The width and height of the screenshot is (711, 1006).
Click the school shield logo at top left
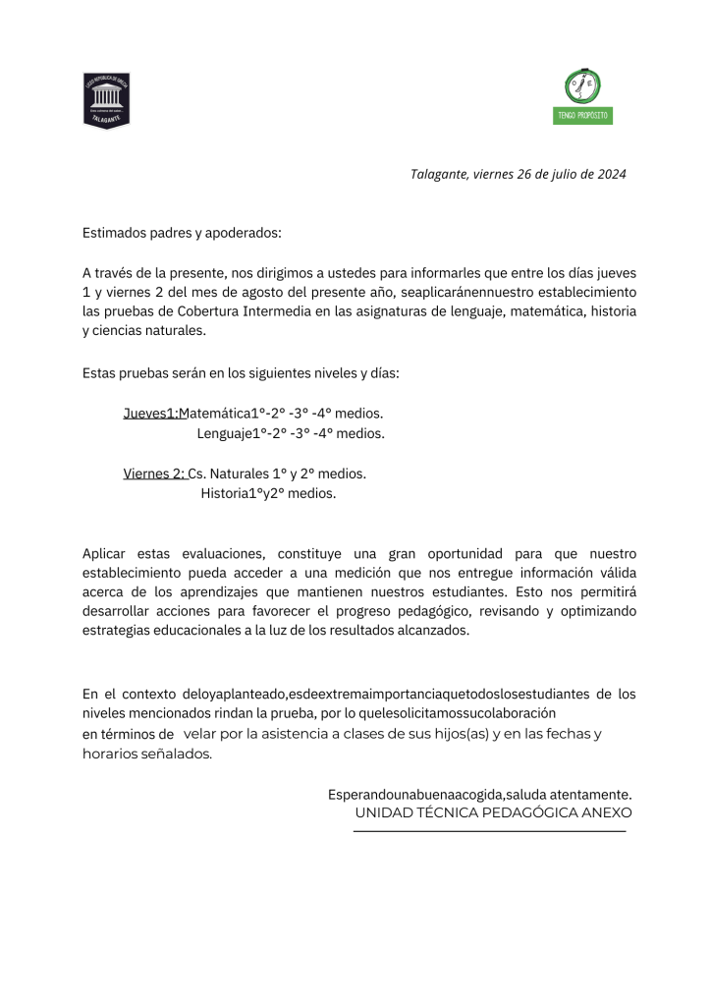click(106, 100)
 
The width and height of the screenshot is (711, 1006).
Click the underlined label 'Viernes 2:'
click(154, 474)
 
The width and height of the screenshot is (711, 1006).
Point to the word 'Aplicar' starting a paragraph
click(105, 554)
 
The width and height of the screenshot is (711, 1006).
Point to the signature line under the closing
click(489, 831)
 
